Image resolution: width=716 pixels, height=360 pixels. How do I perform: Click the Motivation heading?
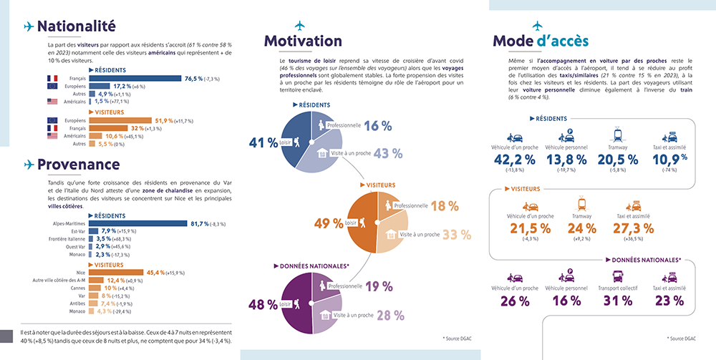tap(303, 41)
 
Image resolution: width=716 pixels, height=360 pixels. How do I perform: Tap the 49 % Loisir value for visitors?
tap(329, 223)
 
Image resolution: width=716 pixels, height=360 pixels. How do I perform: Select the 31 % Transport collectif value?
tap(619, 301)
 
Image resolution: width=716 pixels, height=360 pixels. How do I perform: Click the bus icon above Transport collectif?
tap(619, 276)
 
